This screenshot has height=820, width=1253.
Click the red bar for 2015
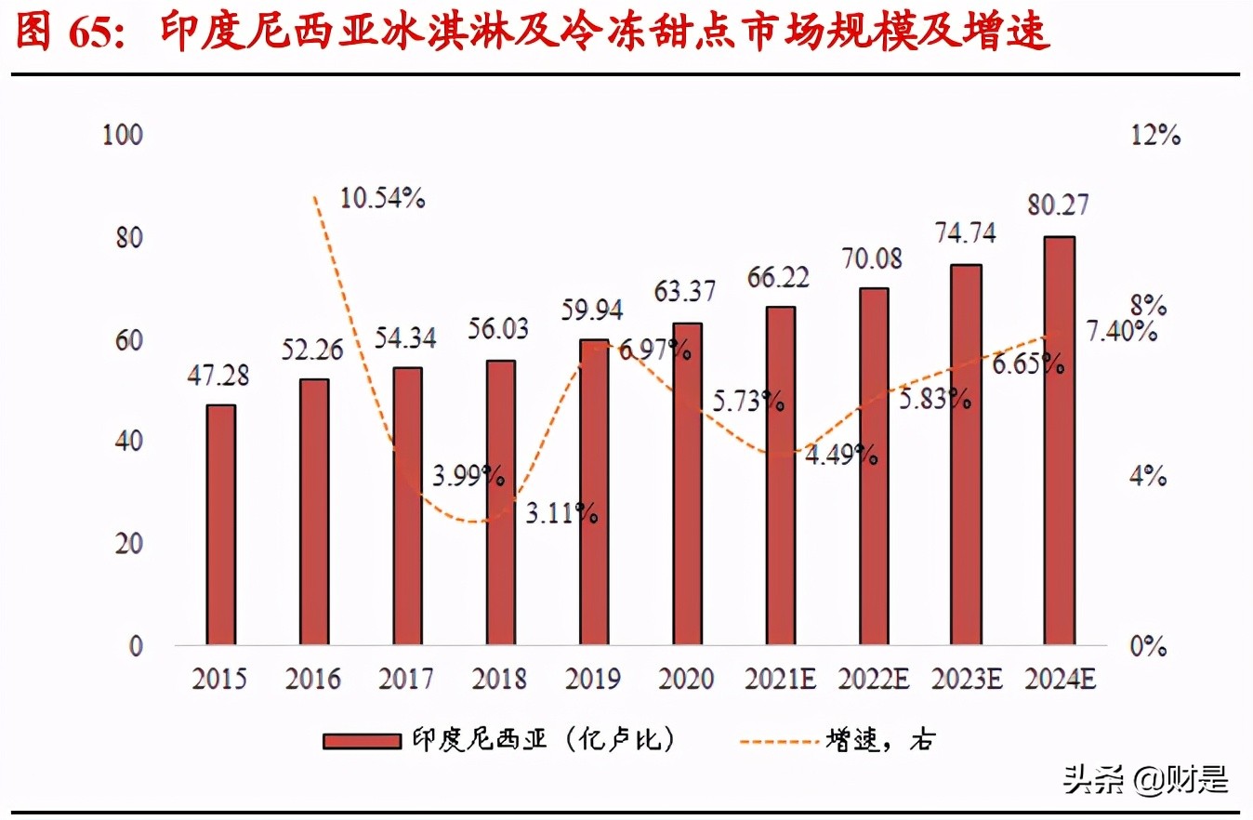tap(220, 525)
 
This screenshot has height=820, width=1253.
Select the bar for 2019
tap(593, 493)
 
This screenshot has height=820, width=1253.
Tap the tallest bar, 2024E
tap(1060, 441)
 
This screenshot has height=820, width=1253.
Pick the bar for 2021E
tap(780, 475)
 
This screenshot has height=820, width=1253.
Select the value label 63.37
tap(687, 292)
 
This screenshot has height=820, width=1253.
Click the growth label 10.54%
tap(382, 198)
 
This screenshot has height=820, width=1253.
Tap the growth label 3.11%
tap(561, 511)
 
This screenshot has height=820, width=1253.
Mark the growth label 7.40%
tap(1121, 331)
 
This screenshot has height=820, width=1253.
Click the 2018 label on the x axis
tap(499, 680)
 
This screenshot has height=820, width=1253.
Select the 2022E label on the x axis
tap(873, 680)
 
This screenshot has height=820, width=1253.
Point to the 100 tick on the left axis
tap(123, 136)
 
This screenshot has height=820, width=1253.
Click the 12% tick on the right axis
tap(1155, 136)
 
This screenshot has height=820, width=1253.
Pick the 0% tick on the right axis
tap(1150, 646)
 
